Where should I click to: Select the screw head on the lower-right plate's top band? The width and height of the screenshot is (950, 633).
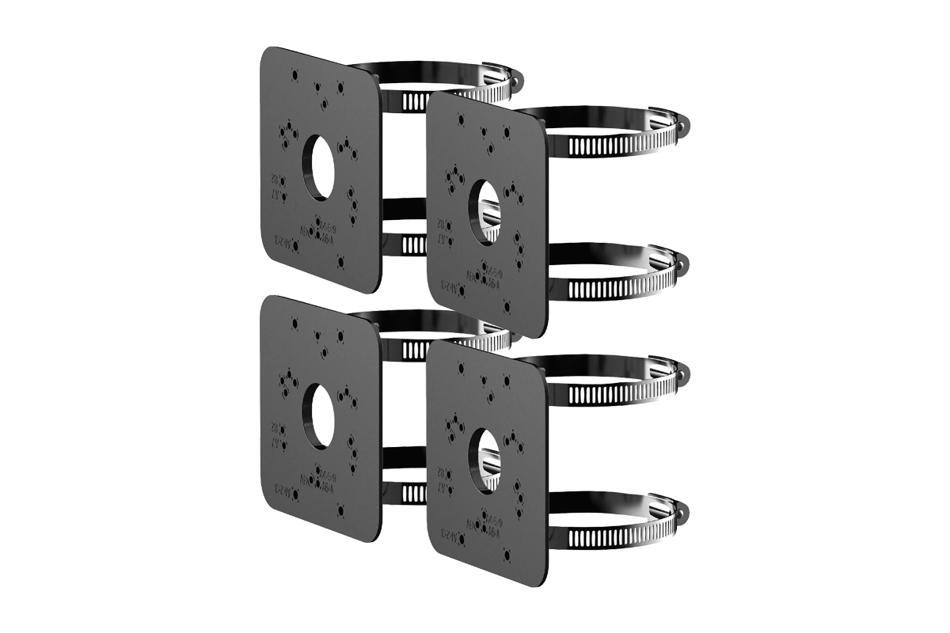pos(682,371)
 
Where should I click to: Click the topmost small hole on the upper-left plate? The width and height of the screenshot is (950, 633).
pos(294,76)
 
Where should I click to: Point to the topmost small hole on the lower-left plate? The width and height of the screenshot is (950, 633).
pos(294,324)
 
